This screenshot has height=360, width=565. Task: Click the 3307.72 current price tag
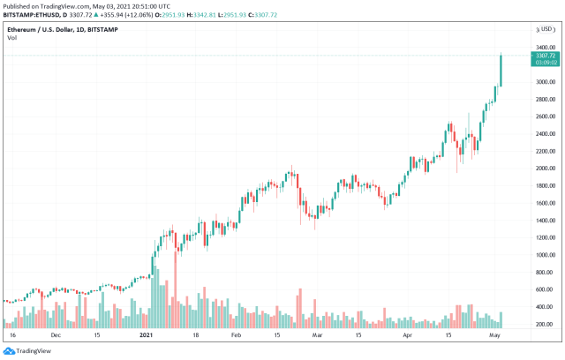[x=544, y=55]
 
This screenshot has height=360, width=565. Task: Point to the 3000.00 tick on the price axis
[x=544, y=82]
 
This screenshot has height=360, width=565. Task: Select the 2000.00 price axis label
[x=544, y=169]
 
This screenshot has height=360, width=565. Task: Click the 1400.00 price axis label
[x=544, y=221]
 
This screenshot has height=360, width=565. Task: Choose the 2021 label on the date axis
[x=147, y=336]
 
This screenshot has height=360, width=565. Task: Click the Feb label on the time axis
[x=235, y=336]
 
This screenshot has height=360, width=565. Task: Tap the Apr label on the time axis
[x=407, y=336]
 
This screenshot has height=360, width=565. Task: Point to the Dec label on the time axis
[x=55, y=336]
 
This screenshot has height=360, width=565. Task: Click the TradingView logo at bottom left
[x=31, y=350]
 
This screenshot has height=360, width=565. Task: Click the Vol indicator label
[x=12, y=36]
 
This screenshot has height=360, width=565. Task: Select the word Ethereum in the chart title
[x=23, y=27]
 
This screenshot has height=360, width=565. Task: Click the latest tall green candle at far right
[x=501, y=71]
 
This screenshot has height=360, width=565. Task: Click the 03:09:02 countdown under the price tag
[x=544, y=63]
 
